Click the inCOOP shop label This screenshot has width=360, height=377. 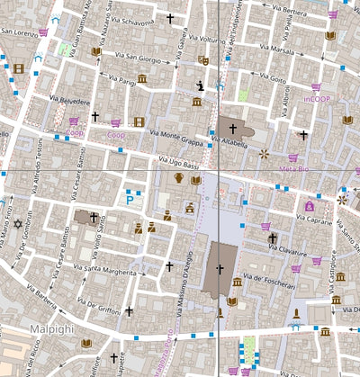317,98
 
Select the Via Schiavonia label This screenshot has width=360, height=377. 130,20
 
